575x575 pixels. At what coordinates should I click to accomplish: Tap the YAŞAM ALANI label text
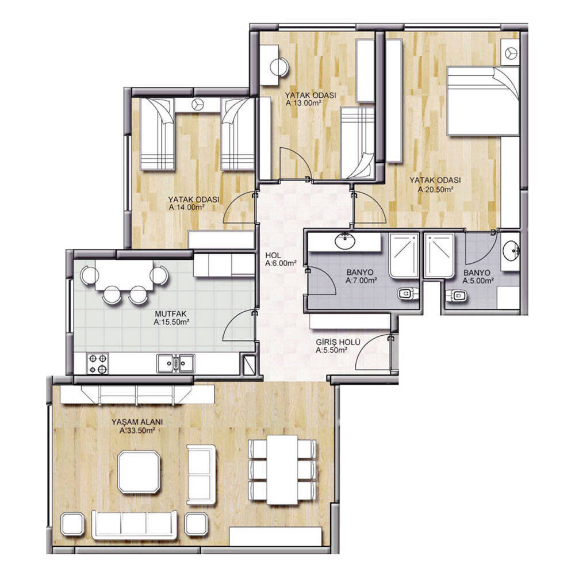(x=137, y=421)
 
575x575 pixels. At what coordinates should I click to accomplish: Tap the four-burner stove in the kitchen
(x=98, y=363)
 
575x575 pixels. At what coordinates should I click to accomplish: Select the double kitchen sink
(x=176, y=363)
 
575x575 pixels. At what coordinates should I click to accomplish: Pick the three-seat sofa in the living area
(x=135, y=524)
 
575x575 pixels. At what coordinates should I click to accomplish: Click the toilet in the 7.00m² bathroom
(x=408, y=293)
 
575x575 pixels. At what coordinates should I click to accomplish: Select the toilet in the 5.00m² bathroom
(x=457, y=296)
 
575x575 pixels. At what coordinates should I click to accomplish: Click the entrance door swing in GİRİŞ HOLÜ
(x=374, y=352)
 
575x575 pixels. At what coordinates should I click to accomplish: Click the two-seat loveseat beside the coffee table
(x=202, y=474)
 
